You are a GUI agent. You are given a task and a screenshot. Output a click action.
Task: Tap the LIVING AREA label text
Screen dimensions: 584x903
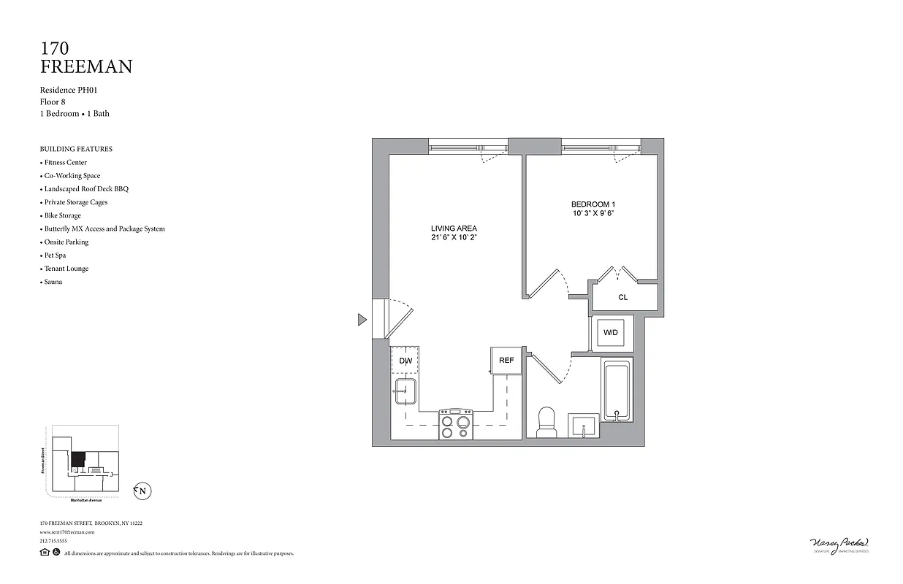[454, 228]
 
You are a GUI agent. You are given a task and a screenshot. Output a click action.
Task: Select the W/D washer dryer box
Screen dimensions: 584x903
[611, 333]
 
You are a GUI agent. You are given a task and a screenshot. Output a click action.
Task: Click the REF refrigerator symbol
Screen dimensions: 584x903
[506, 360]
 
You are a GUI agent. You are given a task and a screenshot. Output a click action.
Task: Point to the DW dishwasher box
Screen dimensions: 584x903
[405, 360]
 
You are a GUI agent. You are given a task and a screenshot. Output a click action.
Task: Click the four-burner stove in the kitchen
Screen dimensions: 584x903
[456, 423]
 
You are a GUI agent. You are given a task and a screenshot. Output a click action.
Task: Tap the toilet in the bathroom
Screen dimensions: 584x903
[546, 423]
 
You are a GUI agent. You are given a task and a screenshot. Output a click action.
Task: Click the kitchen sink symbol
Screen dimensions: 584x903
[405, 392]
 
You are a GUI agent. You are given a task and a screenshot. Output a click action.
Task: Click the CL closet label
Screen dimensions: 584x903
[622, 297]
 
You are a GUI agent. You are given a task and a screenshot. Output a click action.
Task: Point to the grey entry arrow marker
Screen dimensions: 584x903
[362, 319]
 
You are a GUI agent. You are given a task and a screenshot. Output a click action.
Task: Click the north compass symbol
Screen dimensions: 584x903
[142, 491]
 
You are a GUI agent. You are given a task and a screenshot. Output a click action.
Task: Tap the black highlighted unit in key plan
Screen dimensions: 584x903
[78, 460]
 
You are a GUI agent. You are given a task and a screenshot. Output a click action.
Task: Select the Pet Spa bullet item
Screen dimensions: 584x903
[53, 255]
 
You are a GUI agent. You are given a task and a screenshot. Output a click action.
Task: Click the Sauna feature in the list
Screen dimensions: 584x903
[53, 282]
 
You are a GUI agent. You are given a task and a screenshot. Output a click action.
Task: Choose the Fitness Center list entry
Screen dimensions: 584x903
[65, 162]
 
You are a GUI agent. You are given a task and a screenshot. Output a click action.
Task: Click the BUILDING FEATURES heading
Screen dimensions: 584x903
[76, 149]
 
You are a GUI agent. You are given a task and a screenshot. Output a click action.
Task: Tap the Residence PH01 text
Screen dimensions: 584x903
[69, 90]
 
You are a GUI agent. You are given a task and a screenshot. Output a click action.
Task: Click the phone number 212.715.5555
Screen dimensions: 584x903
[53, 541]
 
